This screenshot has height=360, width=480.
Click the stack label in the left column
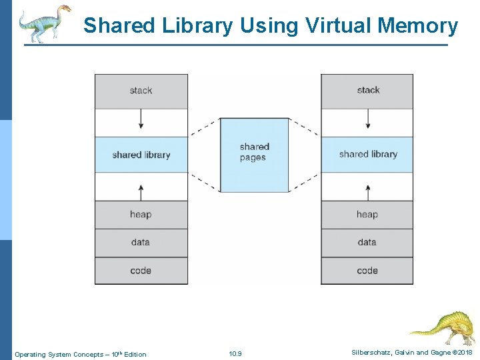[x=141, y=91]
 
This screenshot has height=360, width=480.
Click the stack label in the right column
[x=368, y=90]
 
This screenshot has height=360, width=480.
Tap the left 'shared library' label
[x=141, y=155]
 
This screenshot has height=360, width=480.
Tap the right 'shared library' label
[x=368, y=154]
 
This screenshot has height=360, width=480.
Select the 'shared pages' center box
[x=254, y=153]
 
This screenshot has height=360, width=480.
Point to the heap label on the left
[x=141, y=215]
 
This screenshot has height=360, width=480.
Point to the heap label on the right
[x=367, y=215]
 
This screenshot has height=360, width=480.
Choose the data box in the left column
[x=141, y=243]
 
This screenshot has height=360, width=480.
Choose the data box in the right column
[x=367, y=243]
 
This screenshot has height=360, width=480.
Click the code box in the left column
[x=141, y=271]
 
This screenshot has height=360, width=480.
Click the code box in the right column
[x=367, y=271]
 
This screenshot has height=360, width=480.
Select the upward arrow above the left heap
[x=141, y=191]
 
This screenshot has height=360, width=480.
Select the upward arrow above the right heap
[x=367, y=191]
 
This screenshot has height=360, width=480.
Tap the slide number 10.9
[x=235, y=354]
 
